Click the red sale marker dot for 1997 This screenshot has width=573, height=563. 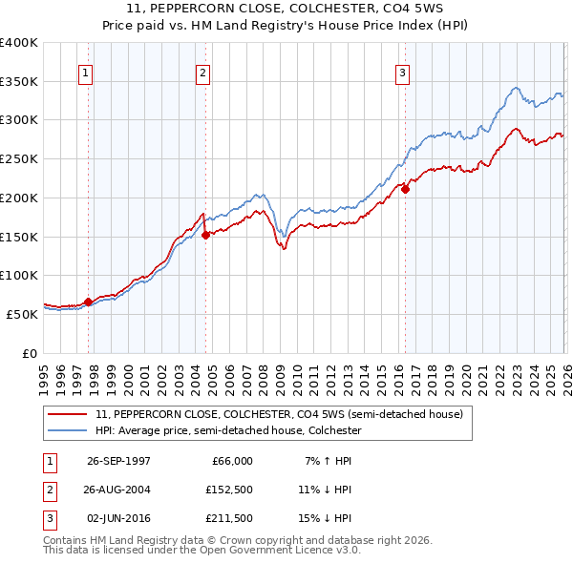(89, 302)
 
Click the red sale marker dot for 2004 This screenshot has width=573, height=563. (205, 235)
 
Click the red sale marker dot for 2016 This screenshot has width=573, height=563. (405, 189)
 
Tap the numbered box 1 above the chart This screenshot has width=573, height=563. (86, 72)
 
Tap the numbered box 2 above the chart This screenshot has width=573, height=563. (203, 72)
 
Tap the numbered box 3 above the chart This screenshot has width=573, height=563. (402, 72)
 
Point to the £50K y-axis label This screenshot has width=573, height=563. (21, 314)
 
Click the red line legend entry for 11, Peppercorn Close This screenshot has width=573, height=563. (279, 415)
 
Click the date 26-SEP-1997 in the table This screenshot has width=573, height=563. (118, 461)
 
